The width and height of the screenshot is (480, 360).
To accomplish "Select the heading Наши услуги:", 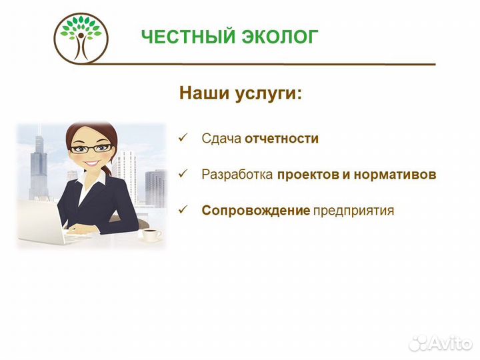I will [240, 93].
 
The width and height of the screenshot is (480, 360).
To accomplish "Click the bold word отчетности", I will [281, 139].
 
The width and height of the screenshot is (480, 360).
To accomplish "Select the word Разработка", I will [237, 175].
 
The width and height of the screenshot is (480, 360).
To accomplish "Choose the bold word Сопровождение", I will [256, 211].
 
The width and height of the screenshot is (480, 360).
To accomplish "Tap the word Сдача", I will [221, 139].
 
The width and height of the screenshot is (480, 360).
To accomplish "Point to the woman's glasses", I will [88, 149].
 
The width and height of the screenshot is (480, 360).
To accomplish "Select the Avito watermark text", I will [450, 342].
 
